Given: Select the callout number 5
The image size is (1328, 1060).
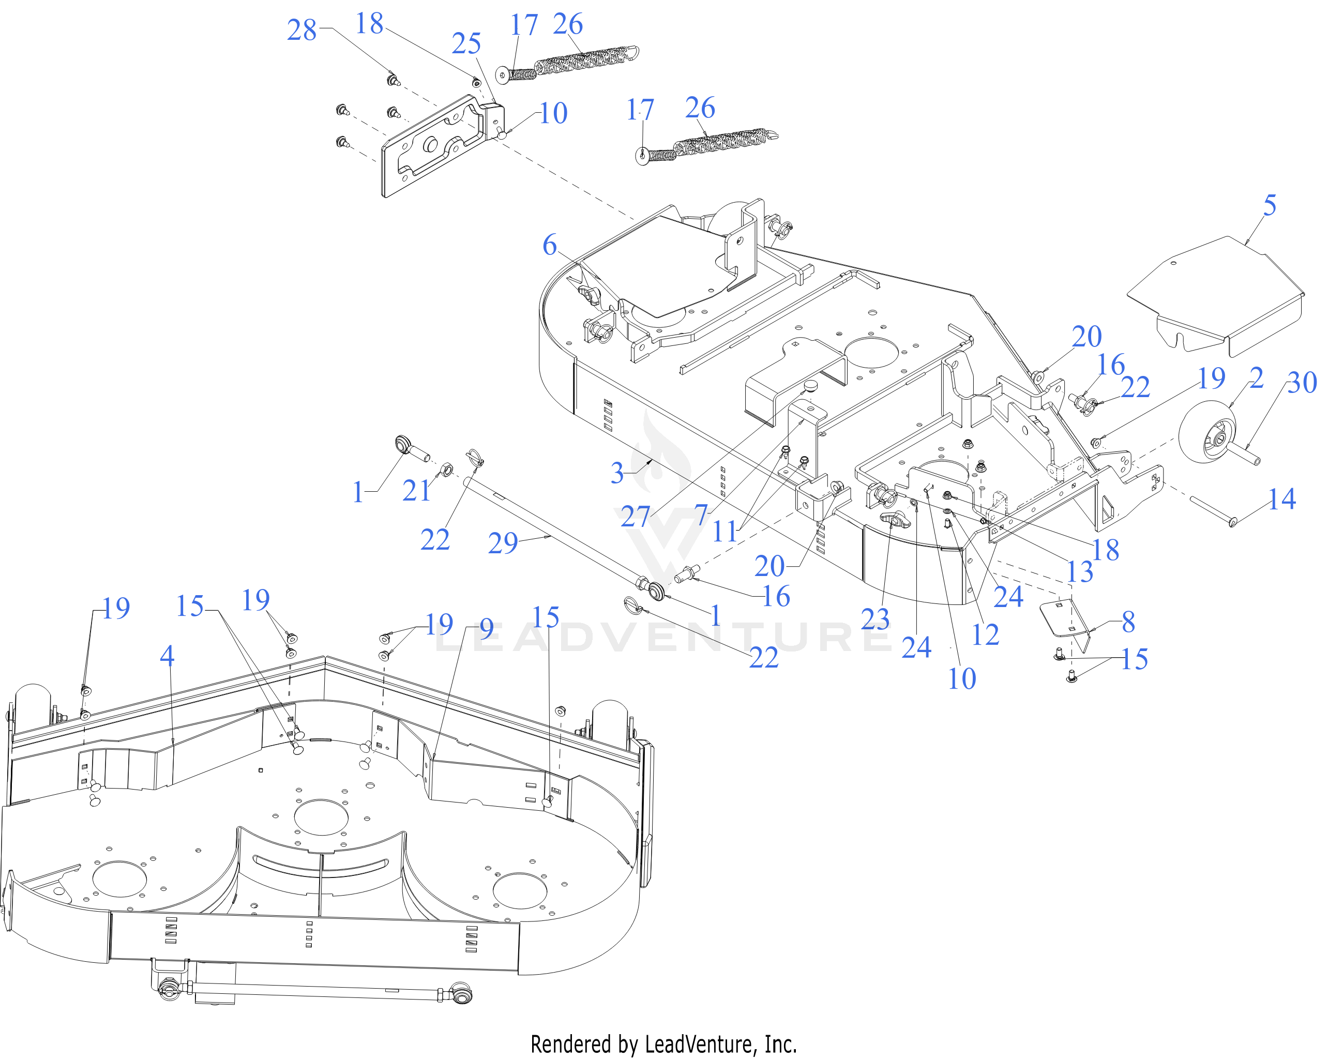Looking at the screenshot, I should click(x=1270, y=205).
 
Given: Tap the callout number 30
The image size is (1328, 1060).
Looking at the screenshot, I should click(x=1302, y=383).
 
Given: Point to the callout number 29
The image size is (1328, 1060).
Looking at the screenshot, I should click(x=503, y=542).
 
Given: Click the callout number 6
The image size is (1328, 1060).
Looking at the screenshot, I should click(x=549, y=245).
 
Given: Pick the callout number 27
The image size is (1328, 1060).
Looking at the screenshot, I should click(x=635, y=516).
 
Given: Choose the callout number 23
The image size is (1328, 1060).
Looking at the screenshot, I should click(x=874, y=619).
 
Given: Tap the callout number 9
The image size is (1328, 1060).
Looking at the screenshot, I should click(x=486, y=629).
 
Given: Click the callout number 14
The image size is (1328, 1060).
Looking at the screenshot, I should click(x=1282, y=498).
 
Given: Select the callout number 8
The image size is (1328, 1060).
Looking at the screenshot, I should click(x=1128, y=622).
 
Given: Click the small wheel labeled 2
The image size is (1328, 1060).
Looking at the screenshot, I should click(x=1208, y=432).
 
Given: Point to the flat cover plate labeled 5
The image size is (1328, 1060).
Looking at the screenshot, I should click(x=1216, y=296).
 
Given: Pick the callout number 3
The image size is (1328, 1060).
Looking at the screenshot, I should click(x=617, y=473).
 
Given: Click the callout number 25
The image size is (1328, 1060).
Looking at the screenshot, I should click(x=466, y=44).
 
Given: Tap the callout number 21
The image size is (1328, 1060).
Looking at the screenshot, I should click(x=416, y=490).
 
